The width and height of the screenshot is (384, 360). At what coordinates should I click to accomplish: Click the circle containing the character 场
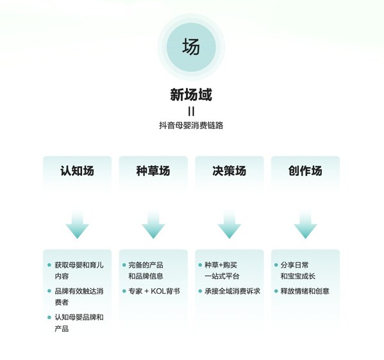[x=191, y=47]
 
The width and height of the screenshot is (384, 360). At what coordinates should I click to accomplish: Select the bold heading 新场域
[x=191, y=94]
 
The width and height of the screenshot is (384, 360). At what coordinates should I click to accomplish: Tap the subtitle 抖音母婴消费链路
[x=191, y=126]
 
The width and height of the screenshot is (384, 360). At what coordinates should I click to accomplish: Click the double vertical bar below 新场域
[x=191, y=112]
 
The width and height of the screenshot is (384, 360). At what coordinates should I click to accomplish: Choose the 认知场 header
[x=77, y=171]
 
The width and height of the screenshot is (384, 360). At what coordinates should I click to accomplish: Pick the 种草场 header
[x=153, y=171]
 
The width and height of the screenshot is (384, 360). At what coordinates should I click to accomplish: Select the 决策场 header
[x=230, y=171]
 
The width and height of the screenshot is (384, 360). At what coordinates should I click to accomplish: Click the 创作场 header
[x=305, y=171]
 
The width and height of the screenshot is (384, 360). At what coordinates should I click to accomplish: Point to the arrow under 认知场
[x=77, y=225]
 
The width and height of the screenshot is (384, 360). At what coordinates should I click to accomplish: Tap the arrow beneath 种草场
[x=153, y=225]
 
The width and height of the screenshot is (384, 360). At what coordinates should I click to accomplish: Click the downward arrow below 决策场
[x=230, y=225]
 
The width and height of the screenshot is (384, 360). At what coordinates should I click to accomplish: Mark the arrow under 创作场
[x=305, y=225]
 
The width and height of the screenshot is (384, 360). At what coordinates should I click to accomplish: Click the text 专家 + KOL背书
[x=154, y=291]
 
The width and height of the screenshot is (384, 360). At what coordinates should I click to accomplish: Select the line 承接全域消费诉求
[x=233, y=291]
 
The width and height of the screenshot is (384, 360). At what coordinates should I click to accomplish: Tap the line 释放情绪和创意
[x=305, y=291]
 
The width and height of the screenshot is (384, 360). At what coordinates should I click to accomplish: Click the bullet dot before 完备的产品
[x=124, y=265]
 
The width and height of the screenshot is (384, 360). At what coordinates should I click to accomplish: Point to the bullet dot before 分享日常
[x=276, y=265]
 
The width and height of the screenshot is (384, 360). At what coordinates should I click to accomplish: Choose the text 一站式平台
[x=222, y=276]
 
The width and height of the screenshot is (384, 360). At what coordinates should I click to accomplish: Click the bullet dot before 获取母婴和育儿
[x=49, y=265]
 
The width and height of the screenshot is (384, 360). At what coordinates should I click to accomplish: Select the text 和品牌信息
[x=146, y=276]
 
